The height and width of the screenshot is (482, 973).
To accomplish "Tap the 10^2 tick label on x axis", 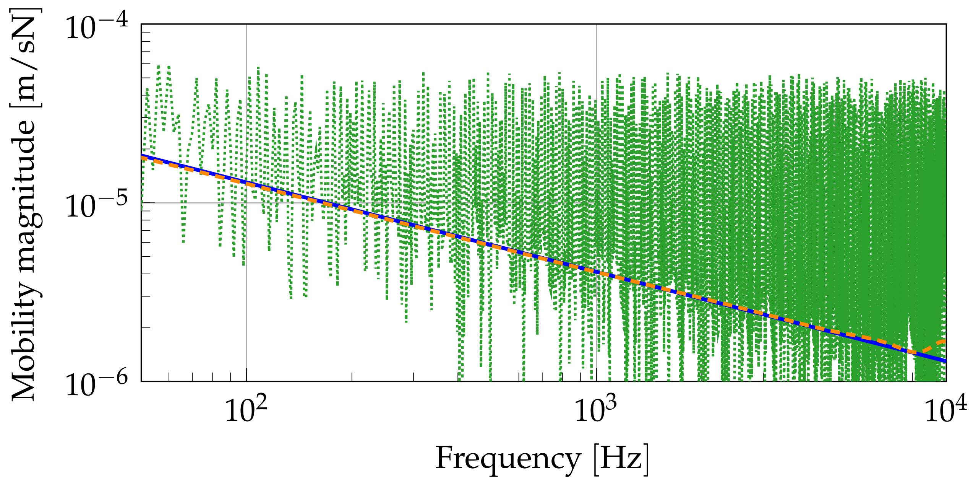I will [246, 410].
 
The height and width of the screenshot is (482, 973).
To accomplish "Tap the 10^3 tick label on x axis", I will [596, 410].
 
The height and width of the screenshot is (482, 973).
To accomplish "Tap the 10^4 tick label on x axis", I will [945, 410].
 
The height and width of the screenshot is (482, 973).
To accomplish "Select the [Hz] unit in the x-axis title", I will [621, 459].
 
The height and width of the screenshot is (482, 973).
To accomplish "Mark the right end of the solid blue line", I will [945, 361].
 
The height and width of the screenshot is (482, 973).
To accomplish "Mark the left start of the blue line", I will [142, 156].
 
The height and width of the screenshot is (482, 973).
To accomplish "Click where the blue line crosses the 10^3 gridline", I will [596, 272].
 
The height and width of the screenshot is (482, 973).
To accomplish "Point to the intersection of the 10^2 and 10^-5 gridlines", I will [246, 203].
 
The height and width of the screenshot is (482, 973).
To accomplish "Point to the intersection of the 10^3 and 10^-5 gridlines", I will [596, 203].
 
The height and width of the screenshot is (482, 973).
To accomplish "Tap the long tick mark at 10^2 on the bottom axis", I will [246, 375].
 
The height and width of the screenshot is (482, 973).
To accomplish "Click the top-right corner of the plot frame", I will [946, 24].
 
